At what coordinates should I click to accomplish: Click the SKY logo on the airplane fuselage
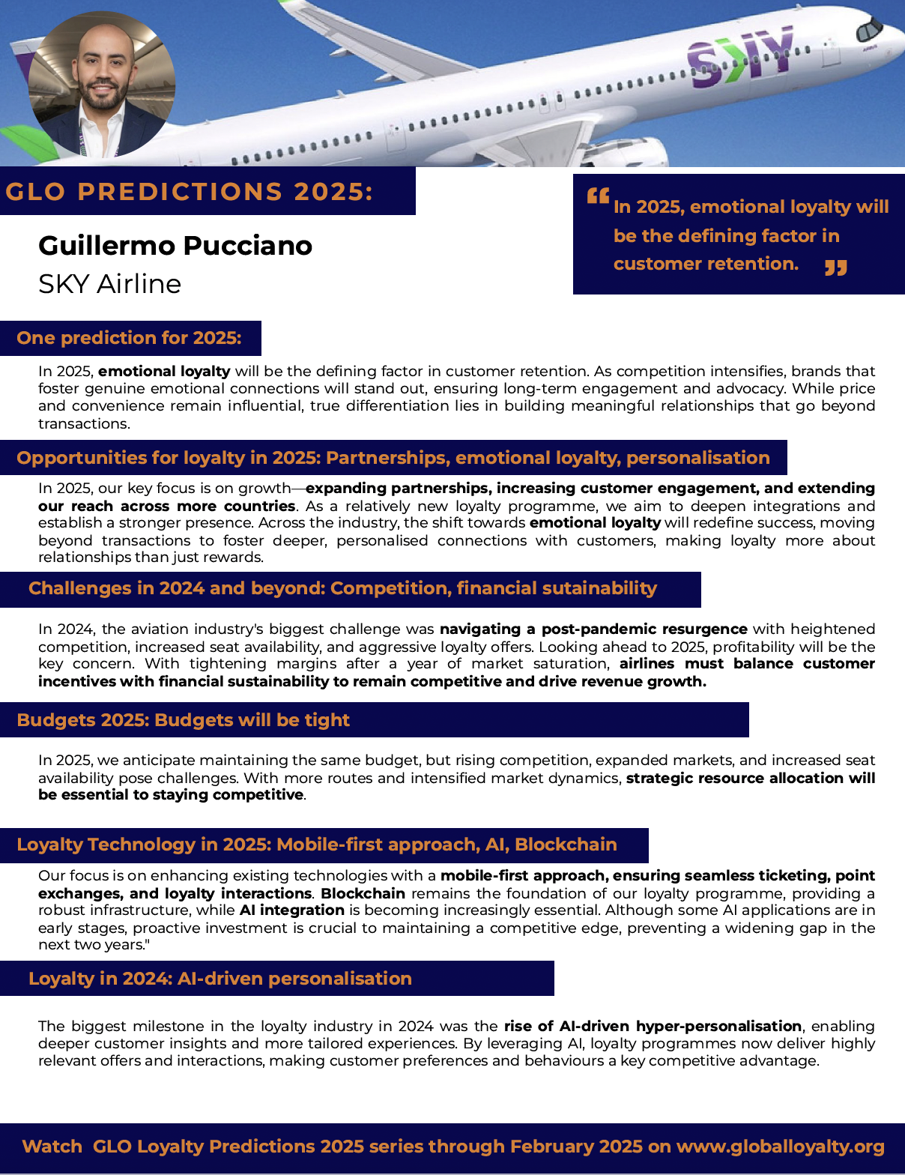pos(740,57)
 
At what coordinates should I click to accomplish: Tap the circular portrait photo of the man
pos(102,84)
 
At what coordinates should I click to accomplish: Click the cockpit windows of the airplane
pos(870,29)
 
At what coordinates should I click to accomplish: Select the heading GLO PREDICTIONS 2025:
pos(189,192)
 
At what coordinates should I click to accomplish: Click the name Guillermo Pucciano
pos(175,246)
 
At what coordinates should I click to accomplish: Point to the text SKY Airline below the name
pos(109,284)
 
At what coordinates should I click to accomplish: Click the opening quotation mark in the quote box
pos(598,196)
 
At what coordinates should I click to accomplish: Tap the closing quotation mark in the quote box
pos(836,268)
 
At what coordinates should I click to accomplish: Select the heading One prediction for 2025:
pos(129,338)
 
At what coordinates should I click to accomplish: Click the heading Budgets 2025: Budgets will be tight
pos(183,720)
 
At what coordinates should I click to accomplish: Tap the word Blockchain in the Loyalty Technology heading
pos(566,845)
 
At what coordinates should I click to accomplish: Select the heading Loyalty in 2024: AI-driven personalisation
pos(220,979)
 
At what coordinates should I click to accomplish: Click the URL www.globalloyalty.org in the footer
pos(780,1147)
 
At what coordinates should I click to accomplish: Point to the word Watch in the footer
pos(52,1147)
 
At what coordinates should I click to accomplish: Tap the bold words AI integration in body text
pos(291,910)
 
